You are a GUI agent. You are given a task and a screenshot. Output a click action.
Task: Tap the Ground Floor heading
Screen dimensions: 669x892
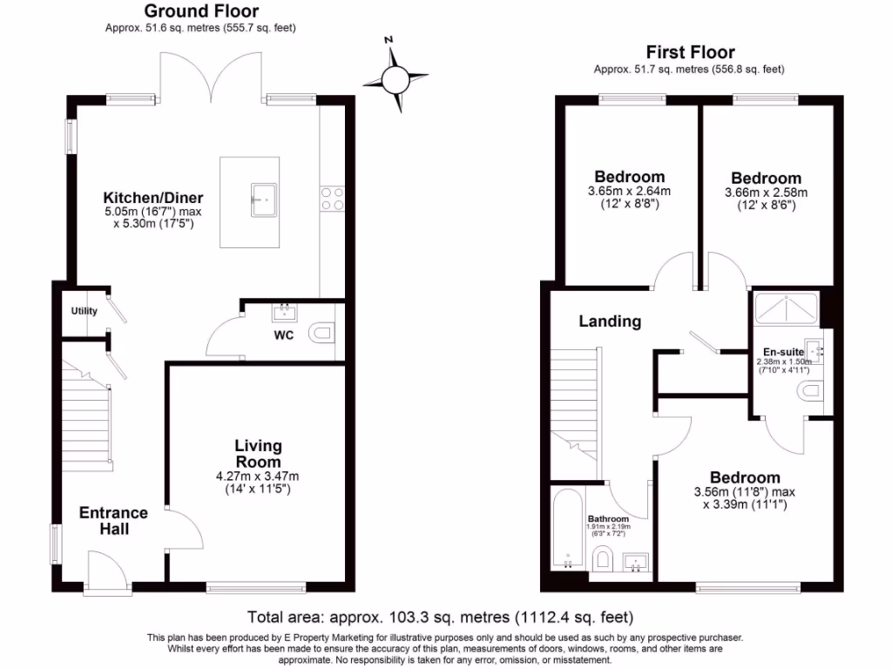(x=200, y=11)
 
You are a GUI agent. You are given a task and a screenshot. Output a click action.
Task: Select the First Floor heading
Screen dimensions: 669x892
(x=690, y=52)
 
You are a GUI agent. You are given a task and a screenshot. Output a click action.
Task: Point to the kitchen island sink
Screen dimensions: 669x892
(x=264, y=199)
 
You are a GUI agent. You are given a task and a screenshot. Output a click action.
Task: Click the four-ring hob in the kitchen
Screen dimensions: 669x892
(x=332, y=199)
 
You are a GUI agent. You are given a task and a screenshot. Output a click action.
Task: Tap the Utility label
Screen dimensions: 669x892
(x=84, y=311)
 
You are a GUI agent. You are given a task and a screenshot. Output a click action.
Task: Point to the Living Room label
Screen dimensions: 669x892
(x=258, y=454)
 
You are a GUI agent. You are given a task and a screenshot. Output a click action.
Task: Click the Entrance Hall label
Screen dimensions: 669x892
(x=113, y=520)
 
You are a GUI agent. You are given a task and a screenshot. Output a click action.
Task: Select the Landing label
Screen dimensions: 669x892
(x=610, y=321)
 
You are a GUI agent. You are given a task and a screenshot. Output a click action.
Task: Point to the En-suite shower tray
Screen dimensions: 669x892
(x=787, y=306)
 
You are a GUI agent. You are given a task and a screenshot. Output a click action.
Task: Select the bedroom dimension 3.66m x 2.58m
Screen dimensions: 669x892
(x=767, y=193)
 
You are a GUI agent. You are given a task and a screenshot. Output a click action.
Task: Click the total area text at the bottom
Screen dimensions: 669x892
(x=441, y=618)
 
